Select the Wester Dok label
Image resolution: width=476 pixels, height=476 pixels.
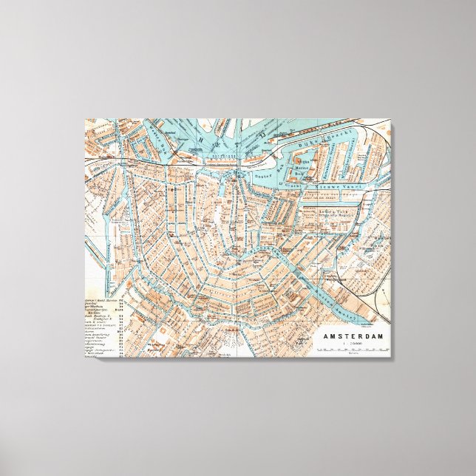[154, 140]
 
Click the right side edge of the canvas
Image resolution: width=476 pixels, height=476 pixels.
[394, 244]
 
